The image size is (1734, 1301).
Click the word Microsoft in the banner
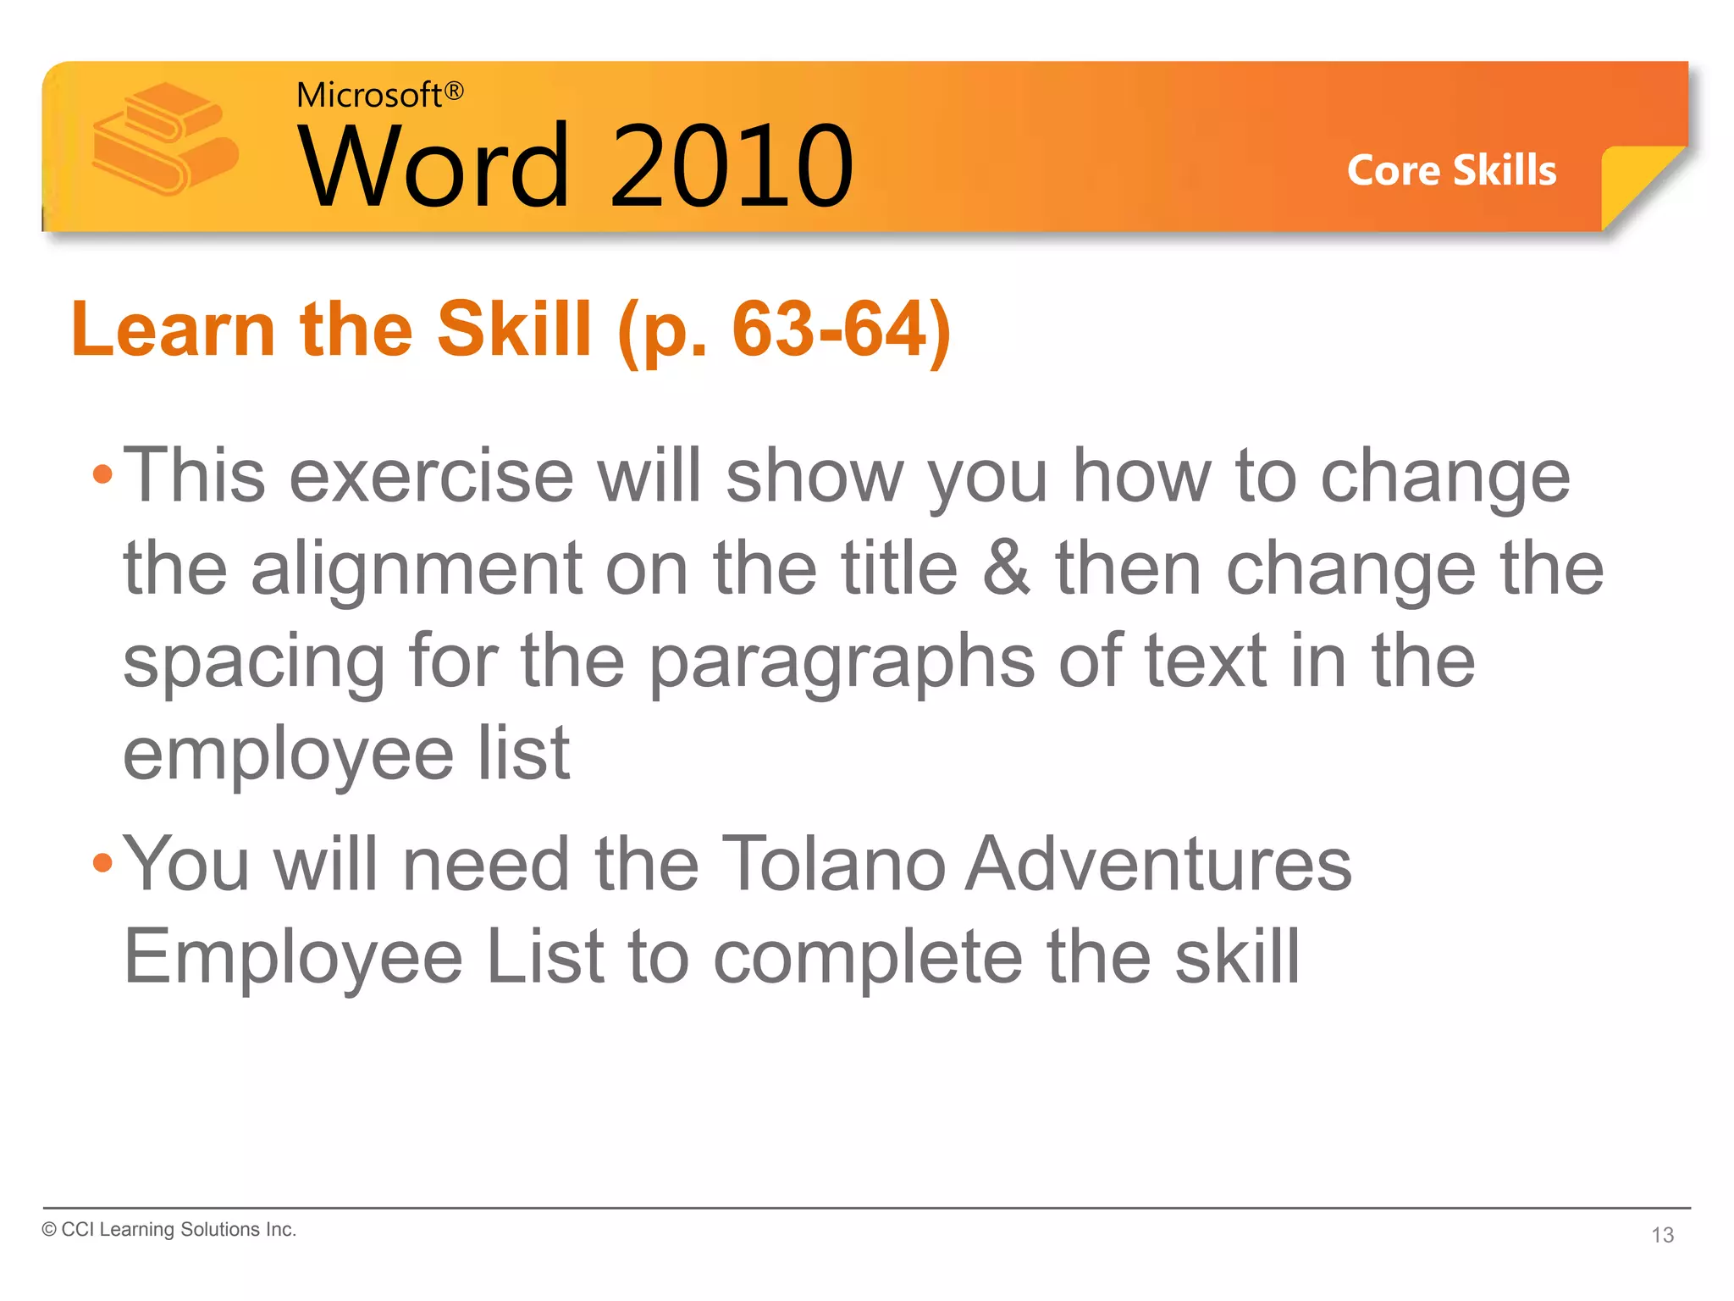coord(368,96)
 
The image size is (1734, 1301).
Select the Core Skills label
coord(1451,170)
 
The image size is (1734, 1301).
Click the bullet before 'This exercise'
coord(102,474)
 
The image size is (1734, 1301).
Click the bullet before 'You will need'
coord(102,863)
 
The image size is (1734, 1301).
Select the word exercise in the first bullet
coord(432,476)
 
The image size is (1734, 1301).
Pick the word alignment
coord(416,569)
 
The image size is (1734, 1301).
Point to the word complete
coord(868,957)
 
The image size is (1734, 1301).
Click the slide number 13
coord(1662,1235)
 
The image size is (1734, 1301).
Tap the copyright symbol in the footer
coord(49,1230)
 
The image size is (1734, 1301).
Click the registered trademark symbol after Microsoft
coord(454,91)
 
